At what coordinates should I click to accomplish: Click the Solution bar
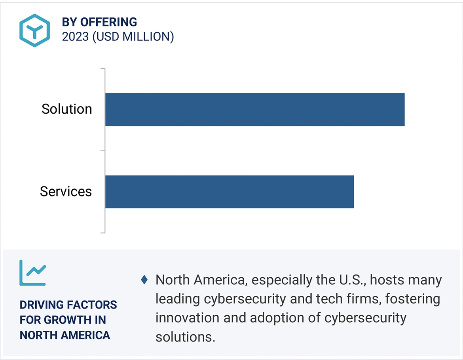tap(255, 110)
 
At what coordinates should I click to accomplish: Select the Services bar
tap(230, 192)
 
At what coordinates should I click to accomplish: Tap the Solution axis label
tap(66, 109)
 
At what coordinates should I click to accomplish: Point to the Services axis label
tap(66, 192)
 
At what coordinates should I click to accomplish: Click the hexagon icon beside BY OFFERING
tap(34, 30)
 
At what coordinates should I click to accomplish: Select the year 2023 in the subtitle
tap(76, 37)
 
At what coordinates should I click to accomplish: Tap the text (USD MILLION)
tap(133, 37)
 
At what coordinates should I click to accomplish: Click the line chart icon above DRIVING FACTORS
tap(32, 273)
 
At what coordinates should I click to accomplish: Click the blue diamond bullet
tap(144, 280)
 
